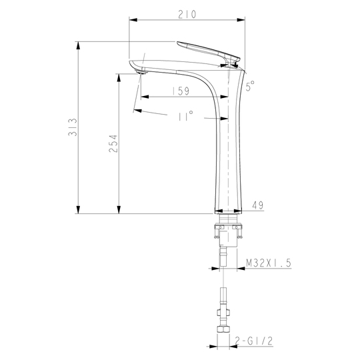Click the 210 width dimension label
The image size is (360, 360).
pyautogui.click(x=187, y=14)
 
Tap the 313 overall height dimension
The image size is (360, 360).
pyautogui.click(x=73, y=127)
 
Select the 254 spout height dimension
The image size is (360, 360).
pyautogui.click(x=113, y=144)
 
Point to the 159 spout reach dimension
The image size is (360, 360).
pyautogui.click(x=181, y=91)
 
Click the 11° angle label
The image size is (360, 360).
pyautogui.click(x=186, y=115)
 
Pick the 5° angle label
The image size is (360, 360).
pyautogui.click(x=250, y=86)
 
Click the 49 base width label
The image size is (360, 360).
pyautogui.click(x=258, y=205)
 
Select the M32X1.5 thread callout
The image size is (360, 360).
pyautogui.click(x=269, y=263)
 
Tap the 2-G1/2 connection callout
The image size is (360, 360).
pyautogui.click(x=254, y=341)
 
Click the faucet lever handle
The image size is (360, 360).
pyautogui.click(x=208, y=51)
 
